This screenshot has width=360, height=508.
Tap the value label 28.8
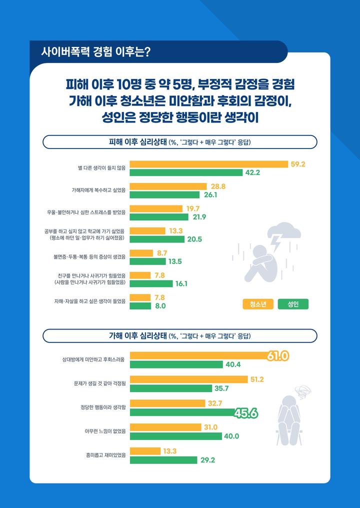click(x=218, y=186)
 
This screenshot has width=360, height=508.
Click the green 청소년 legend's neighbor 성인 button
click(x=293, y=304)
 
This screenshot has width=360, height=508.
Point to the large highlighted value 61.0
click(x=278, y=356)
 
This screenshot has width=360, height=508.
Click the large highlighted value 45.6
click(x=246, y=413)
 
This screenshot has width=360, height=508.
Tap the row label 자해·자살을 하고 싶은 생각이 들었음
click(x=90, y=301)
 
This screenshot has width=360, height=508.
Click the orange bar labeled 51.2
click(x=188, y=379)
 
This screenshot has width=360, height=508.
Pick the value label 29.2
click(x=207, y=460)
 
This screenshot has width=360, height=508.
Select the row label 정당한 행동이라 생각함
click(x=106, y=407)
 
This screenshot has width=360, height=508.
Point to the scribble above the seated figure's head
click(x=301, y=390)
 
